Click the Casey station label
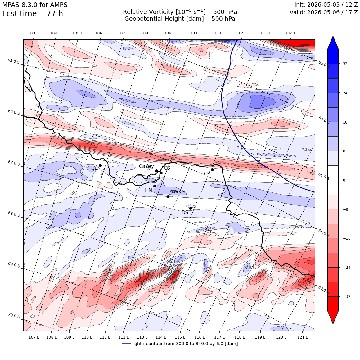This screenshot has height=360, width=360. [x=146, y=166]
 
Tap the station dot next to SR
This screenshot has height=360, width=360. [x=100, y=165]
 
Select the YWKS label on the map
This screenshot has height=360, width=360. [x=178, y=192]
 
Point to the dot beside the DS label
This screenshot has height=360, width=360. [x=191, y=209]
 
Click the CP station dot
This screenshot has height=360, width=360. [x=212, y=170]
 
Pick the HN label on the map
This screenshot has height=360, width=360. [x=149, y=190]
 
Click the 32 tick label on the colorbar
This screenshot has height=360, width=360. [x=345, y=64]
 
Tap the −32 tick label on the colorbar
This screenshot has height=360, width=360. [x=346, y=297]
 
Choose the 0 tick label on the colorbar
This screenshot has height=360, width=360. [x=344, y=180]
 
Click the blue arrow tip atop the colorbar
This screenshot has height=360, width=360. [x=333, y=36]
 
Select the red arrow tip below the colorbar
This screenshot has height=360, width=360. [x=333, y=323]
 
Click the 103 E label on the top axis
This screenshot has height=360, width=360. [x=33, y=33]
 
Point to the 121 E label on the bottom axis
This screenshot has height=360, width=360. [x=303, y=337]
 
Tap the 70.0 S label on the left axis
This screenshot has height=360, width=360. [x=14, y=316]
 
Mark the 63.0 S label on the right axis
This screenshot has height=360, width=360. [x=324, y=64]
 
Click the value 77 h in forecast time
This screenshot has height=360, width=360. [x=55, y=14]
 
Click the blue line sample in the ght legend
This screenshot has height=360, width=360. [x=127, y=343]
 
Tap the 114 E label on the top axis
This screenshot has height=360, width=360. [x=291, y=33]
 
